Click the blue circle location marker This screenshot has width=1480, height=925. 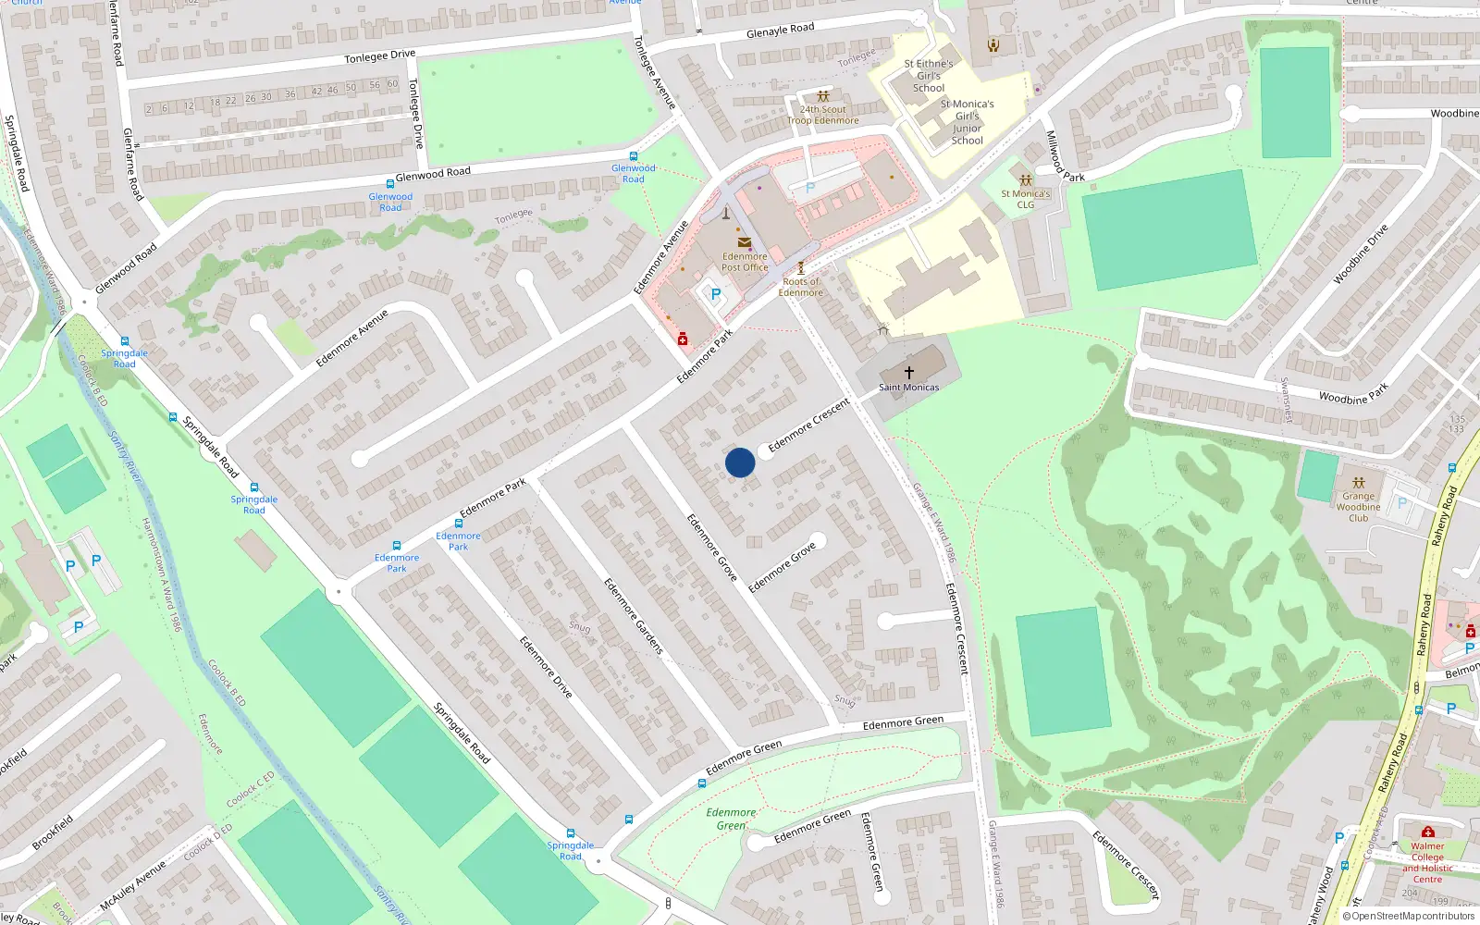pyautogui.click(x=740, y=462)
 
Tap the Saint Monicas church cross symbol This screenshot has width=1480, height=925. pyautogui.click(x=909, y=372)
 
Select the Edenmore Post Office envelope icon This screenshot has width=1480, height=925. pyautogui.click(x=745, y=242)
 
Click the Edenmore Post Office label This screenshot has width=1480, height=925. pyautogui.click(x=745, y=263)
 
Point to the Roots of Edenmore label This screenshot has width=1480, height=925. pyautogui.click(x=801, y=287)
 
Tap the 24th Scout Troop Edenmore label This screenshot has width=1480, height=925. pyautogui.click(x=823, y=115)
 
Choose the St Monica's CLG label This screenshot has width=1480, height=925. pyautogui.click(x=1026, y=199)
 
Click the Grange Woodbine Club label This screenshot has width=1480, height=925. pyautogui.click(x=1358, y=507)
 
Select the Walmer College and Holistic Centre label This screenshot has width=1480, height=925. pyautogui.click(x=1427, y=862)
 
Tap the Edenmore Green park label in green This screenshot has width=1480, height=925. pyautogui.click(x=731, y=819)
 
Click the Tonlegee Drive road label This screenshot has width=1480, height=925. pyautogui.click(x=380, y=56)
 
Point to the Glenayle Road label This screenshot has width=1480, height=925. pyautogui.click(x=780, y=31)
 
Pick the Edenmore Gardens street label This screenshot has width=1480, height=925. pyautogui.click(x=634, y=617)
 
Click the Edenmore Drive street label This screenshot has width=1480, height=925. pyautogui.click(x=546, y=666)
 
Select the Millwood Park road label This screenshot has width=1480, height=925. pyautogui.click(x=1065, y=156)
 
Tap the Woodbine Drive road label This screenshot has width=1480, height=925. pyautogui.click(x=1361, y=253)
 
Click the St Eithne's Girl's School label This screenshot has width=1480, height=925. pyautogui.click(x=929, y=76)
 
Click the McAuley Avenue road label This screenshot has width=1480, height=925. pyautogui.click(x=133, y=884)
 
